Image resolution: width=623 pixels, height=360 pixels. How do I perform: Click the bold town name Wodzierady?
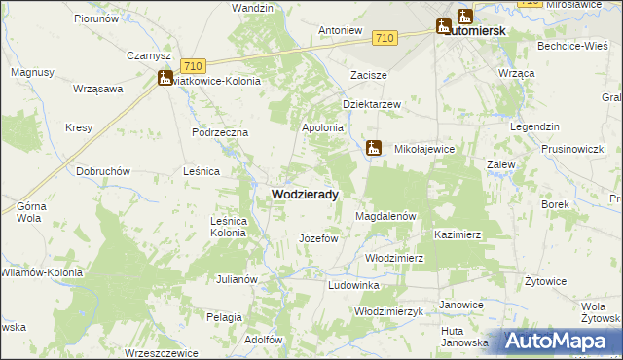pos(304,195)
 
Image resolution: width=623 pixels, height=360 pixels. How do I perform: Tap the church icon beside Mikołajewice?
pos(373,148)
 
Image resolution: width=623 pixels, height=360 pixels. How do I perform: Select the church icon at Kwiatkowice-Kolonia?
pos(165,79)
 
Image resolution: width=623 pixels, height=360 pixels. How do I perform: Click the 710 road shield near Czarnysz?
pos(192,65)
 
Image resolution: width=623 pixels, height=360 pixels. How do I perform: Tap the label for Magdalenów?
pos(386,216)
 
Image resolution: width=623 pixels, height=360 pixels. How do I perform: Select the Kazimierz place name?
pos(458,235)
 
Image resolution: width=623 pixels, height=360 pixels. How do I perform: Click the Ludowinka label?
pos(353,285)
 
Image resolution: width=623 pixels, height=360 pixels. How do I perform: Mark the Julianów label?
pos(237,279)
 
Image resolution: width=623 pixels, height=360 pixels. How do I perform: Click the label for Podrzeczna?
pos(221,132)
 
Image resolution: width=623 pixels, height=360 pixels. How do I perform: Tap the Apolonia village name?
pos(323,127)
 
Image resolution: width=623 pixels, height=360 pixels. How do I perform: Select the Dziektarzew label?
pos(372,104)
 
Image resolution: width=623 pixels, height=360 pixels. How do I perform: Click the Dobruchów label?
pos(103,170)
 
